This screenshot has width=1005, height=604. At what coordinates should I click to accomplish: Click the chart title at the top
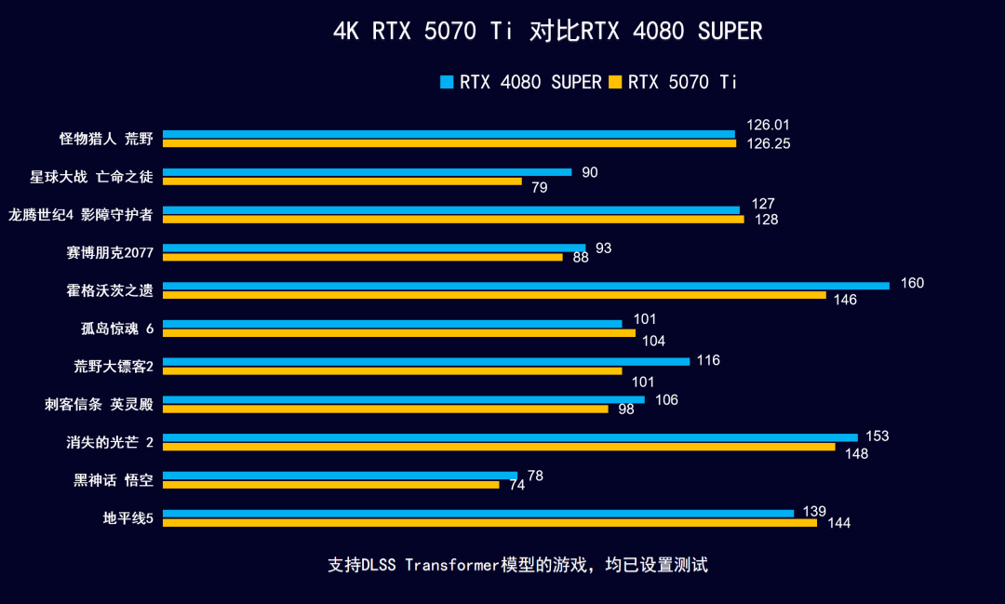point(547,32)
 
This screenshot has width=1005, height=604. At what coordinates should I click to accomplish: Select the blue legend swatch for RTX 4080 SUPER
point(447,82)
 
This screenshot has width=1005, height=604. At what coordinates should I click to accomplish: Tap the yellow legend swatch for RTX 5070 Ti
point(614,82)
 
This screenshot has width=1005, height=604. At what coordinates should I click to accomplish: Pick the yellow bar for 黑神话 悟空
point(330,484)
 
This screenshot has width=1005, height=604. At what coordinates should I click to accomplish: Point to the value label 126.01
point(768,125)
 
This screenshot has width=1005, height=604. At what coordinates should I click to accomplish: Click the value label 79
point(539,188)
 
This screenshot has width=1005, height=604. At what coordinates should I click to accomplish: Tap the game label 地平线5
point(127,517)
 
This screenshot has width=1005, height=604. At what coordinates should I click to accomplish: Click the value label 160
point(912,283)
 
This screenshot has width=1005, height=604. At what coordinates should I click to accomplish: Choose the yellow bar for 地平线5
point(489,522)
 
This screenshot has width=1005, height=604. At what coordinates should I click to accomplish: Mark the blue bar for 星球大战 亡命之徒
point(367,172)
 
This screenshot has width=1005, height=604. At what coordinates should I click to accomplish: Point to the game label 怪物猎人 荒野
point(105,139)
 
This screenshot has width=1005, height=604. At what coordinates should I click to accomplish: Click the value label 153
point(878,436)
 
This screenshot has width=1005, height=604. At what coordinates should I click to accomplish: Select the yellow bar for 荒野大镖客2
point(392,370)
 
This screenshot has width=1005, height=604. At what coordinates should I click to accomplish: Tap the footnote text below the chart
point(518,565)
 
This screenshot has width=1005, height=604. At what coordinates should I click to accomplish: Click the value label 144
point(838,523)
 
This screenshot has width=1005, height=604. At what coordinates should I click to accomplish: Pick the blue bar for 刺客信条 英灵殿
point(403,399)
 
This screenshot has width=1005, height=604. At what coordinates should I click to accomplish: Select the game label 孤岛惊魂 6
point(116,328)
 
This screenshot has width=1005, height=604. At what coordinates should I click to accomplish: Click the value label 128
point(766,220)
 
